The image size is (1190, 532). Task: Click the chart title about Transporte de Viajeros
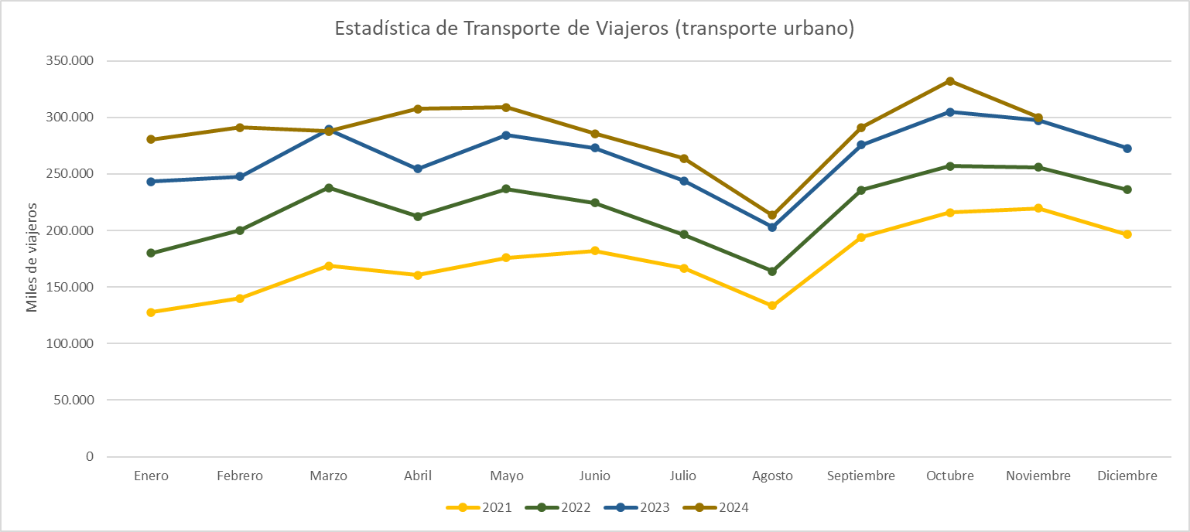tap(594, 29)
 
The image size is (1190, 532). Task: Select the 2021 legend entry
tap(479, 508)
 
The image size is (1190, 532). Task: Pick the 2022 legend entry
tap(558, 508)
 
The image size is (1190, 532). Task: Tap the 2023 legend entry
tap(637, 508)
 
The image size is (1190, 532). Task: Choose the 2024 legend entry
tap(716, 508)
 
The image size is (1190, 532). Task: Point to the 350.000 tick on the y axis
tap(67, 61)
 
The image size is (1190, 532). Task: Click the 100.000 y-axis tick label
tap(67, 343)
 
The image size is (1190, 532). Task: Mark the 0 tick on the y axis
tap(89, 457)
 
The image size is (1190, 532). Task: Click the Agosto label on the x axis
tap(772, 476)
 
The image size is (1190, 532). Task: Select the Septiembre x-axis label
tap(861, 476)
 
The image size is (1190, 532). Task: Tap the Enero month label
tap(151, 476)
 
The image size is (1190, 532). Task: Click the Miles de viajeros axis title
tap(32, 257)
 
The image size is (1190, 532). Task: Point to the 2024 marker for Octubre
tap(950, 81)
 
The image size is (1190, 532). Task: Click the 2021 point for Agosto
tap(772, 305)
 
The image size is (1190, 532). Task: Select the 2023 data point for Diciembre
tap(1127, 148)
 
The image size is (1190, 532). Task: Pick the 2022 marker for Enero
tap(151, 253)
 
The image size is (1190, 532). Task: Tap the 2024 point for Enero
tap(151, 139)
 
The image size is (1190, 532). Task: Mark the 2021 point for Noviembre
tap(1038, 208)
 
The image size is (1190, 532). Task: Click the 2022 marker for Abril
tap(418, 217)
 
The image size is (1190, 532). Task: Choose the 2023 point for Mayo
tap(506, 135)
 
